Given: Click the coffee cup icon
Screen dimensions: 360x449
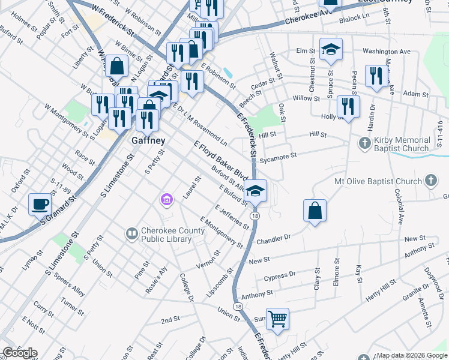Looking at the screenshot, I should coord(40,204).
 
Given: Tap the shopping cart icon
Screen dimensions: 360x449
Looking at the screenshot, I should coord(277,319).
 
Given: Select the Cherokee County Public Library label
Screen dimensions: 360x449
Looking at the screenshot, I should coord(166,234).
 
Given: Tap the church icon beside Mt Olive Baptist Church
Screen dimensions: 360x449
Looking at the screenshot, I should coord(430,181).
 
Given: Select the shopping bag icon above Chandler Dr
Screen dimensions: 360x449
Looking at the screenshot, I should coord(315,211).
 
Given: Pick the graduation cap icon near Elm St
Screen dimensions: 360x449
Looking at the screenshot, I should coord(331,50).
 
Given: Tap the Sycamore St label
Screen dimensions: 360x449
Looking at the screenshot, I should coord(282,157).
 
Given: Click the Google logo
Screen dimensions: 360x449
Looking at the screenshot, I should coord(20,353).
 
